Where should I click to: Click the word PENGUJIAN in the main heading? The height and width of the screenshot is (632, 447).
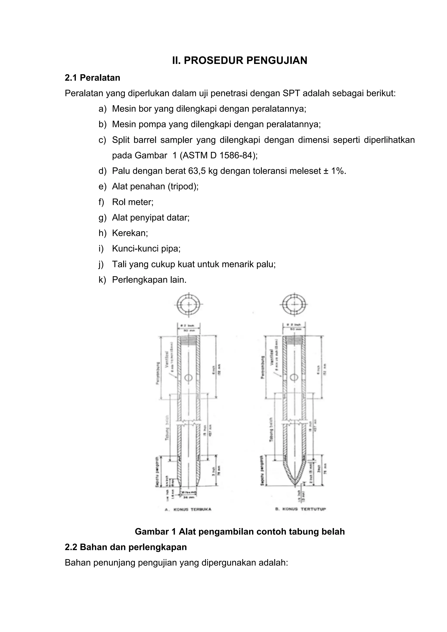coord(276,60)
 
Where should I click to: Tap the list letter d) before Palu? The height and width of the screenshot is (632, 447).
coord(102,171)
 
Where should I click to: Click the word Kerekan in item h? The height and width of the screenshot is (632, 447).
coord(130,233)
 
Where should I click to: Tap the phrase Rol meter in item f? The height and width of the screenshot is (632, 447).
coord(132,202)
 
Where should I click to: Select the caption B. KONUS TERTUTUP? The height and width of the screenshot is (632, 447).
coord(301,509)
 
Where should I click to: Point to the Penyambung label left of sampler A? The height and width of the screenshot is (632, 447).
coord(158,373)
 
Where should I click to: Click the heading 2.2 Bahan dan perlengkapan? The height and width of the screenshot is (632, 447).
coord(126,547)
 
